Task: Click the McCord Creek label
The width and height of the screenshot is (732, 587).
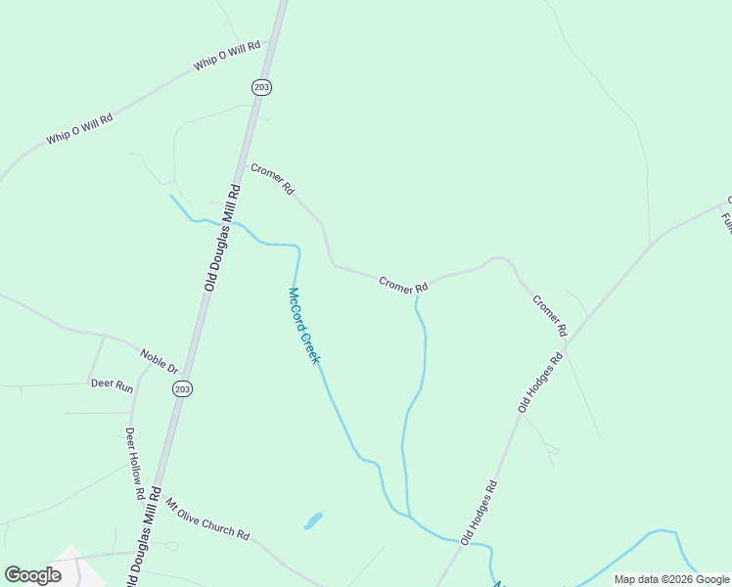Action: (304, 326)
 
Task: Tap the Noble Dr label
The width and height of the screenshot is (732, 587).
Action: (158, 361)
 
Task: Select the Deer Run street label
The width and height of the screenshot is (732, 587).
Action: (112, 386)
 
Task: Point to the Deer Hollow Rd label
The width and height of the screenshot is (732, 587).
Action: (135, 465)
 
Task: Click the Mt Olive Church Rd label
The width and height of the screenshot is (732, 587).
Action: (207, 520)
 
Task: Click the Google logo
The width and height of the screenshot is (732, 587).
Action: (32, 575)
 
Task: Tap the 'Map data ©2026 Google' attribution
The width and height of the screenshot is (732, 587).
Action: (671, 579)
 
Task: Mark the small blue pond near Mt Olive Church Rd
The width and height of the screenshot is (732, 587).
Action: (313, 520)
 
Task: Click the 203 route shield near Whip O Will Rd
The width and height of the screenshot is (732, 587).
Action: (260, 87)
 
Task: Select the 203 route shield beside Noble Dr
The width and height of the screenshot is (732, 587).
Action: (182, 388)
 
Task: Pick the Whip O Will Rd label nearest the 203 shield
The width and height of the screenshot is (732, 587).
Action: (227, 56)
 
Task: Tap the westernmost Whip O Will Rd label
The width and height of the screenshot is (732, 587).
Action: (79, 129)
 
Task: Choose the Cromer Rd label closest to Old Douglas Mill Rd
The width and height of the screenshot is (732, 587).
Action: (272, 179)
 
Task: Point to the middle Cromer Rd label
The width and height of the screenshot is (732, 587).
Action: (403, 285)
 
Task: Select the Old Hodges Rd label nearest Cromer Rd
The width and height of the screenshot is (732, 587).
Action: (542, 383)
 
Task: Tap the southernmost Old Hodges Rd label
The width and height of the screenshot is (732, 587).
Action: (480, 512)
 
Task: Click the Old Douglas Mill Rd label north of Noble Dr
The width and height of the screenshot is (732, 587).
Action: (222, 238)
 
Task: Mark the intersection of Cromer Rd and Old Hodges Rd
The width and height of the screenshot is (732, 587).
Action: (567, 345)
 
